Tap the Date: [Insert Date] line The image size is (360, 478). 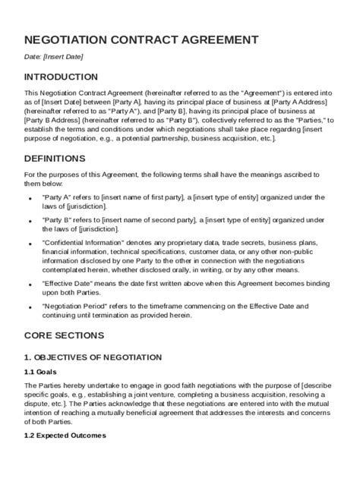[x=54, y=56]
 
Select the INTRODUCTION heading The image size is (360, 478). [x=61, y=77]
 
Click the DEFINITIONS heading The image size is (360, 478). [x=55, y=159]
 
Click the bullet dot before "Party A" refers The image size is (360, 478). [x=32, y=196]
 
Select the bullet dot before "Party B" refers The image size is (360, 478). [x=32, y=220]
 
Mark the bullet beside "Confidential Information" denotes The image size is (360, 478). [x=32, y=244]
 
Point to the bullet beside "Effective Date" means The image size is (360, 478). [x=32, y=282]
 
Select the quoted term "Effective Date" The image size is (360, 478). [x=65, y=281]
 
